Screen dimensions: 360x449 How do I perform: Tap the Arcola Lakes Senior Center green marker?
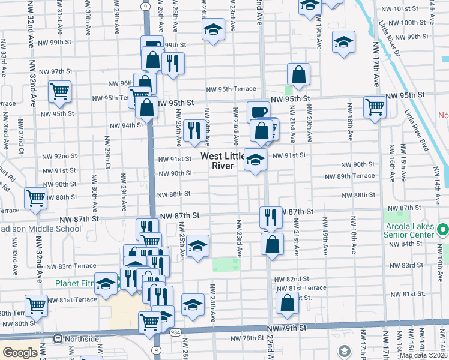(443, 229)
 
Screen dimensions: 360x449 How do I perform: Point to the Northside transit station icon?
(58, 339)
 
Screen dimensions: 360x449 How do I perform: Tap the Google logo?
(20, 353)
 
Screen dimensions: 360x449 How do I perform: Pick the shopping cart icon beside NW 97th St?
(59, 92)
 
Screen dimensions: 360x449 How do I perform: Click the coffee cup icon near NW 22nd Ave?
(259, 112)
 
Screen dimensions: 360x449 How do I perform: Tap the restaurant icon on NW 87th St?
(270, 217)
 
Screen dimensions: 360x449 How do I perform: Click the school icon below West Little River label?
(255, 160)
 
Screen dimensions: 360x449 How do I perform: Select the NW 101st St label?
(399, 9)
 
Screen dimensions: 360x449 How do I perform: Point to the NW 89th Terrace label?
(350, 176)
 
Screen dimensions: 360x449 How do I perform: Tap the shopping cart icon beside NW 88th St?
(35, 198)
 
